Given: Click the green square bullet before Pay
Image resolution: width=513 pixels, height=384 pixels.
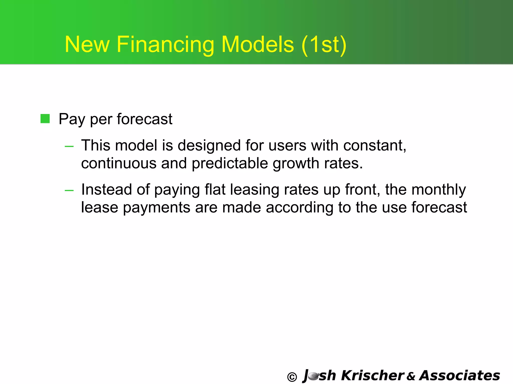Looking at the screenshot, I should click(45, 119).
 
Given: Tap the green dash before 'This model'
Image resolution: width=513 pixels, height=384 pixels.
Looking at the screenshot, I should click(69, 146).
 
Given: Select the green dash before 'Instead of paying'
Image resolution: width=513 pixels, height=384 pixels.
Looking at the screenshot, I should click(69, 190).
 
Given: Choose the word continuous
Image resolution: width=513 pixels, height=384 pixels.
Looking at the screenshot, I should click(119, 163).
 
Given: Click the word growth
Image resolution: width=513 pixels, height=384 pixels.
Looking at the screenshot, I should click(296, 164).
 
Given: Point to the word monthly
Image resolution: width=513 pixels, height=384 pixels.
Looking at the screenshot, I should click(439, 190).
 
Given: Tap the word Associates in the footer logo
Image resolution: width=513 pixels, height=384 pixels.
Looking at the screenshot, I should click(460, 375).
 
